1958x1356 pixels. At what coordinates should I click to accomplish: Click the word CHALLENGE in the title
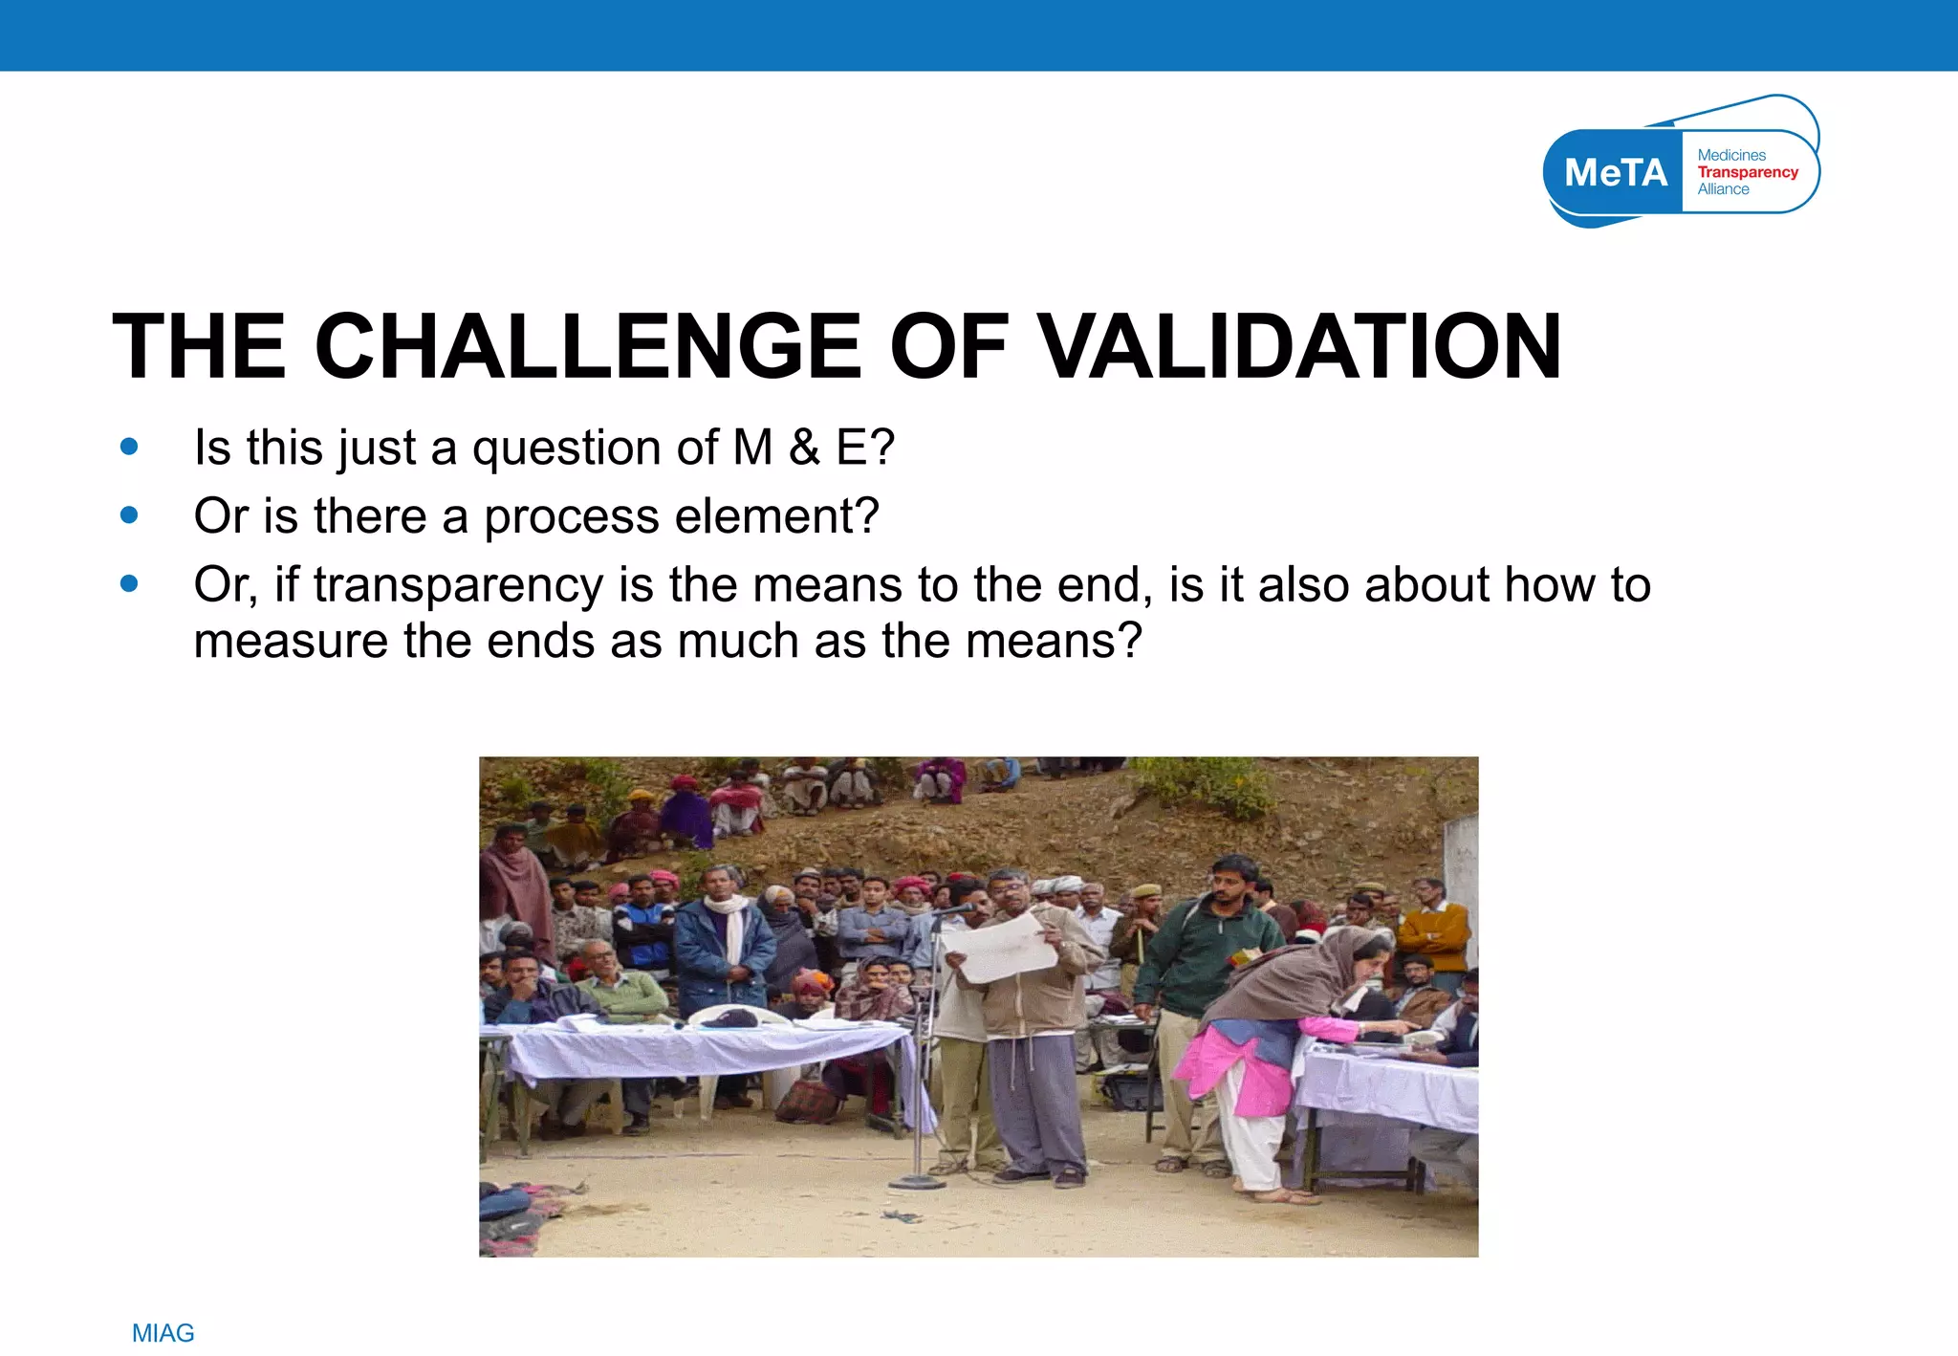[587, 346]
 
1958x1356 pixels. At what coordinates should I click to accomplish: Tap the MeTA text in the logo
[1615, 173]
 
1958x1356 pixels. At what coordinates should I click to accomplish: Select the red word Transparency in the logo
[1747, 172]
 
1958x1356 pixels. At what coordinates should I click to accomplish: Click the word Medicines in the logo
[1730, 155]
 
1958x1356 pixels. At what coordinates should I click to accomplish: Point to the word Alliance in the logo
[1723, 189]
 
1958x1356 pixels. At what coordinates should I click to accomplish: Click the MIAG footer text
[163, 1332]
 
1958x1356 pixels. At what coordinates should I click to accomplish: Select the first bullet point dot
[130, 447]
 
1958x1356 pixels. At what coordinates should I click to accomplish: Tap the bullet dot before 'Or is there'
[130, 515]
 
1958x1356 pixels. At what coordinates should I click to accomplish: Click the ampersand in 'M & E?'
[804, 447]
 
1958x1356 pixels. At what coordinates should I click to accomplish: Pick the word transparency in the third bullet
[458, 585]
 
